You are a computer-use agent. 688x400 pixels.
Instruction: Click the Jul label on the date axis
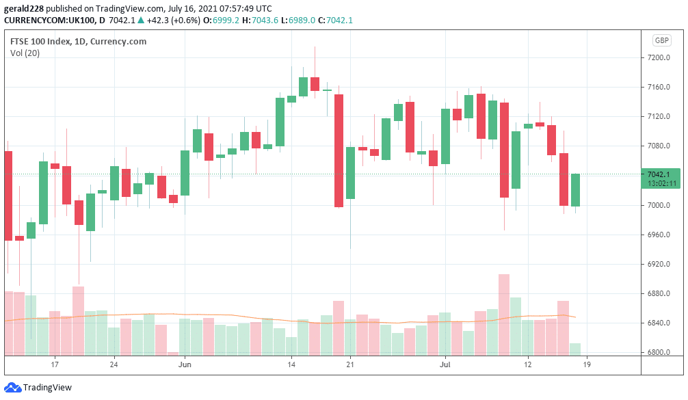point(445,365)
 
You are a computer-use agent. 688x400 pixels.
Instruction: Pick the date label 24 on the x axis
point(114,365)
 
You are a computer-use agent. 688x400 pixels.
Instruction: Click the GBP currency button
point(661,40)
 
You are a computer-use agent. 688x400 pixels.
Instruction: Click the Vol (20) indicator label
point(25,53)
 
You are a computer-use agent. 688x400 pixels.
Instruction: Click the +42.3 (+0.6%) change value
point(169,20)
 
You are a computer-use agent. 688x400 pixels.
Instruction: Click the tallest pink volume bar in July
point(504,314)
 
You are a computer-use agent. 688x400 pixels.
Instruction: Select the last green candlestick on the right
point(576,190)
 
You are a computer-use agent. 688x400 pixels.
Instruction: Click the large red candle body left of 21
point(339,150)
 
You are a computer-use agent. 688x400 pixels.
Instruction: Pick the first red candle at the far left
point(8,196)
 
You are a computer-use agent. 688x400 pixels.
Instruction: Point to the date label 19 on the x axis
point(587,365)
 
